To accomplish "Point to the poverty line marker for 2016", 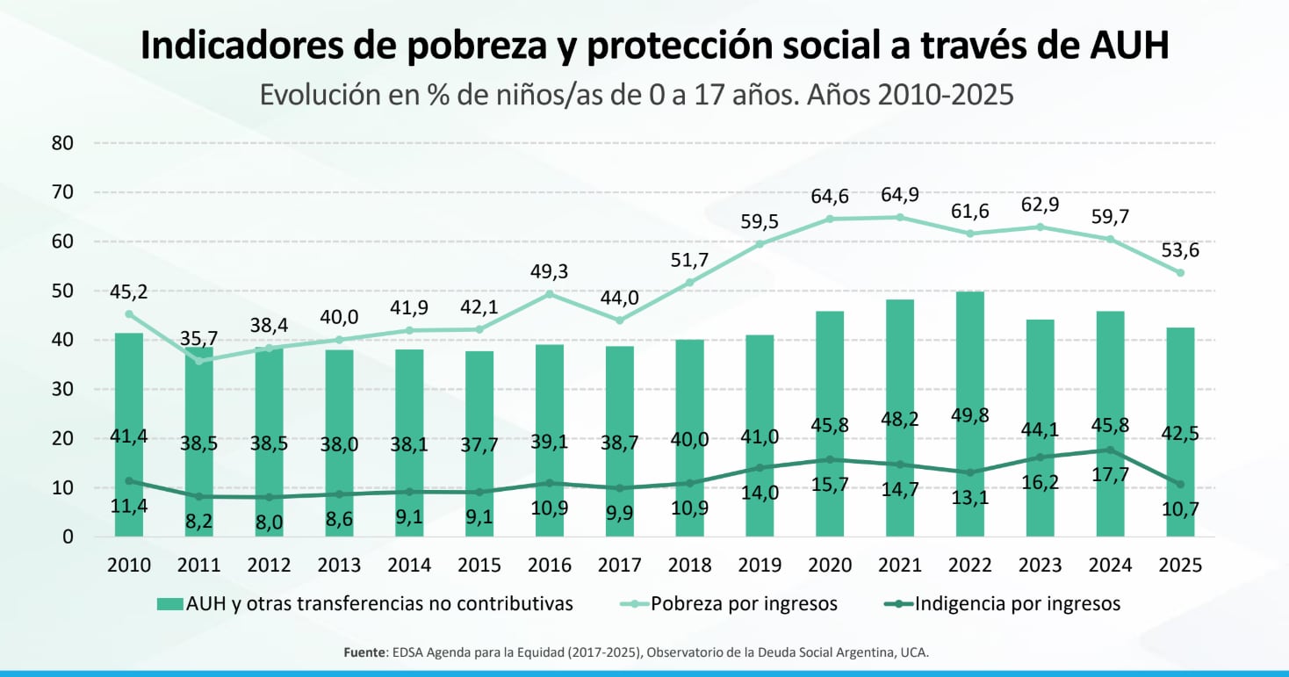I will [550, 294].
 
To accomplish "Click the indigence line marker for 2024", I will [1110, 450].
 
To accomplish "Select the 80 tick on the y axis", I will [61, 142].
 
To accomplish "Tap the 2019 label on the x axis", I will [760, 565].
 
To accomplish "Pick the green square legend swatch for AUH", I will [169, 603].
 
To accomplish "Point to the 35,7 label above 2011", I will [199, 337].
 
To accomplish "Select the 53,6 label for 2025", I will [1179, 249].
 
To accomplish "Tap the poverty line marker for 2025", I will [1180, 272].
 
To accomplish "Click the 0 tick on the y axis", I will [67, 537].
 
